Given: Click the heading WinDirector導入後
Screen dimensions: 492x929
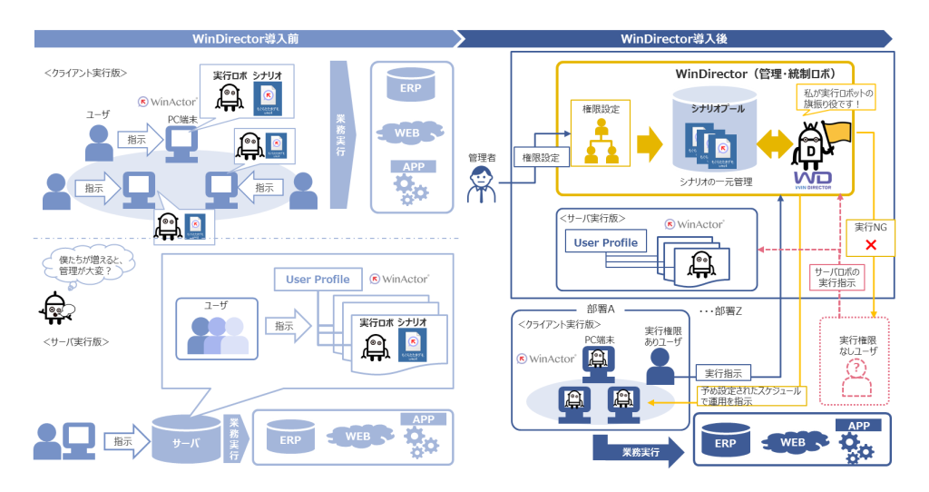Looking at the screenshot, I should pos(673,38).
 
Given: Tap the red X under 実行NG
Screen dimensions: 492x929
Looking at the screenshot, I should pos(871,245).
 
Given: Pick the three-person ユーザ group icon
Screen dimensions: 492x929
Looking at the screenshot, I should pos(218,335).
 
